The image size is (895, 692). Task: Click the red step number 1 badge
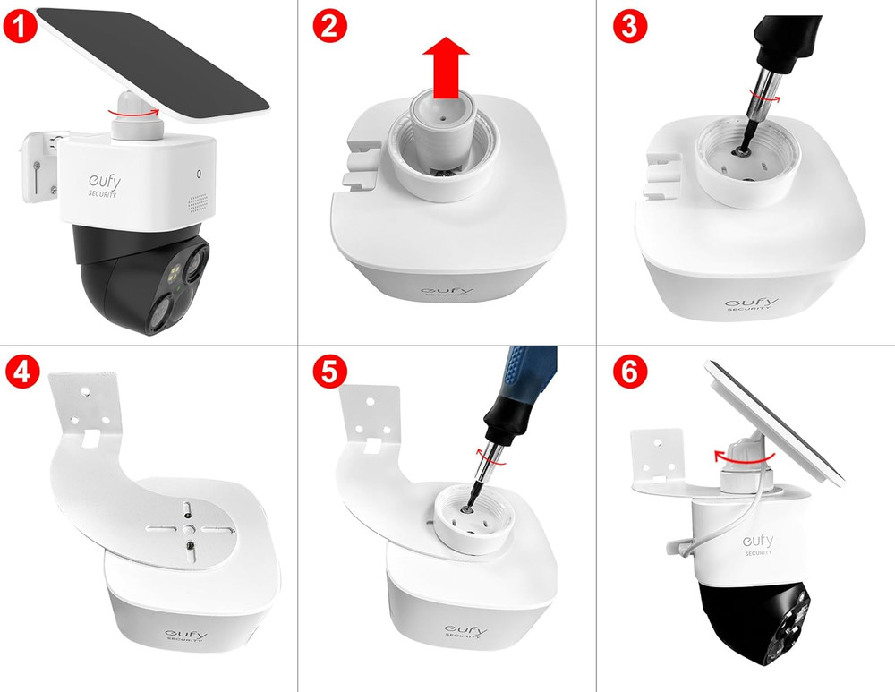[x=20, y=26]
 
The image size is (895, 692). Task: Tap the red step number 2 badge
[x=330, y=26]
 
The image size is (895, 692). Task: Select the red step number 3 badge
[x=630, y=26]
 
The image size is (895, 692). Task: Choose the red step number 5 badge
[x=330, y=372]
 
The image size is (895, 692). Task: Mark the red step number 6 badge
[x=630, y=372]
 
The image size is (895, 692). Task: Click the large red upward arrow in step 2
[x=446, y=68]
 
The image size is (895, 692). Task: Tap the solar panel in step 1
[x=153, y=64]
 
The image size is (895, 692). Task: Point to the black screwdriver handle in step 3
[x=788, y=41]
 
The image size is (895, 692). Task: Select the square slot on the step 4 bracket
[x=91, y=439]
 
